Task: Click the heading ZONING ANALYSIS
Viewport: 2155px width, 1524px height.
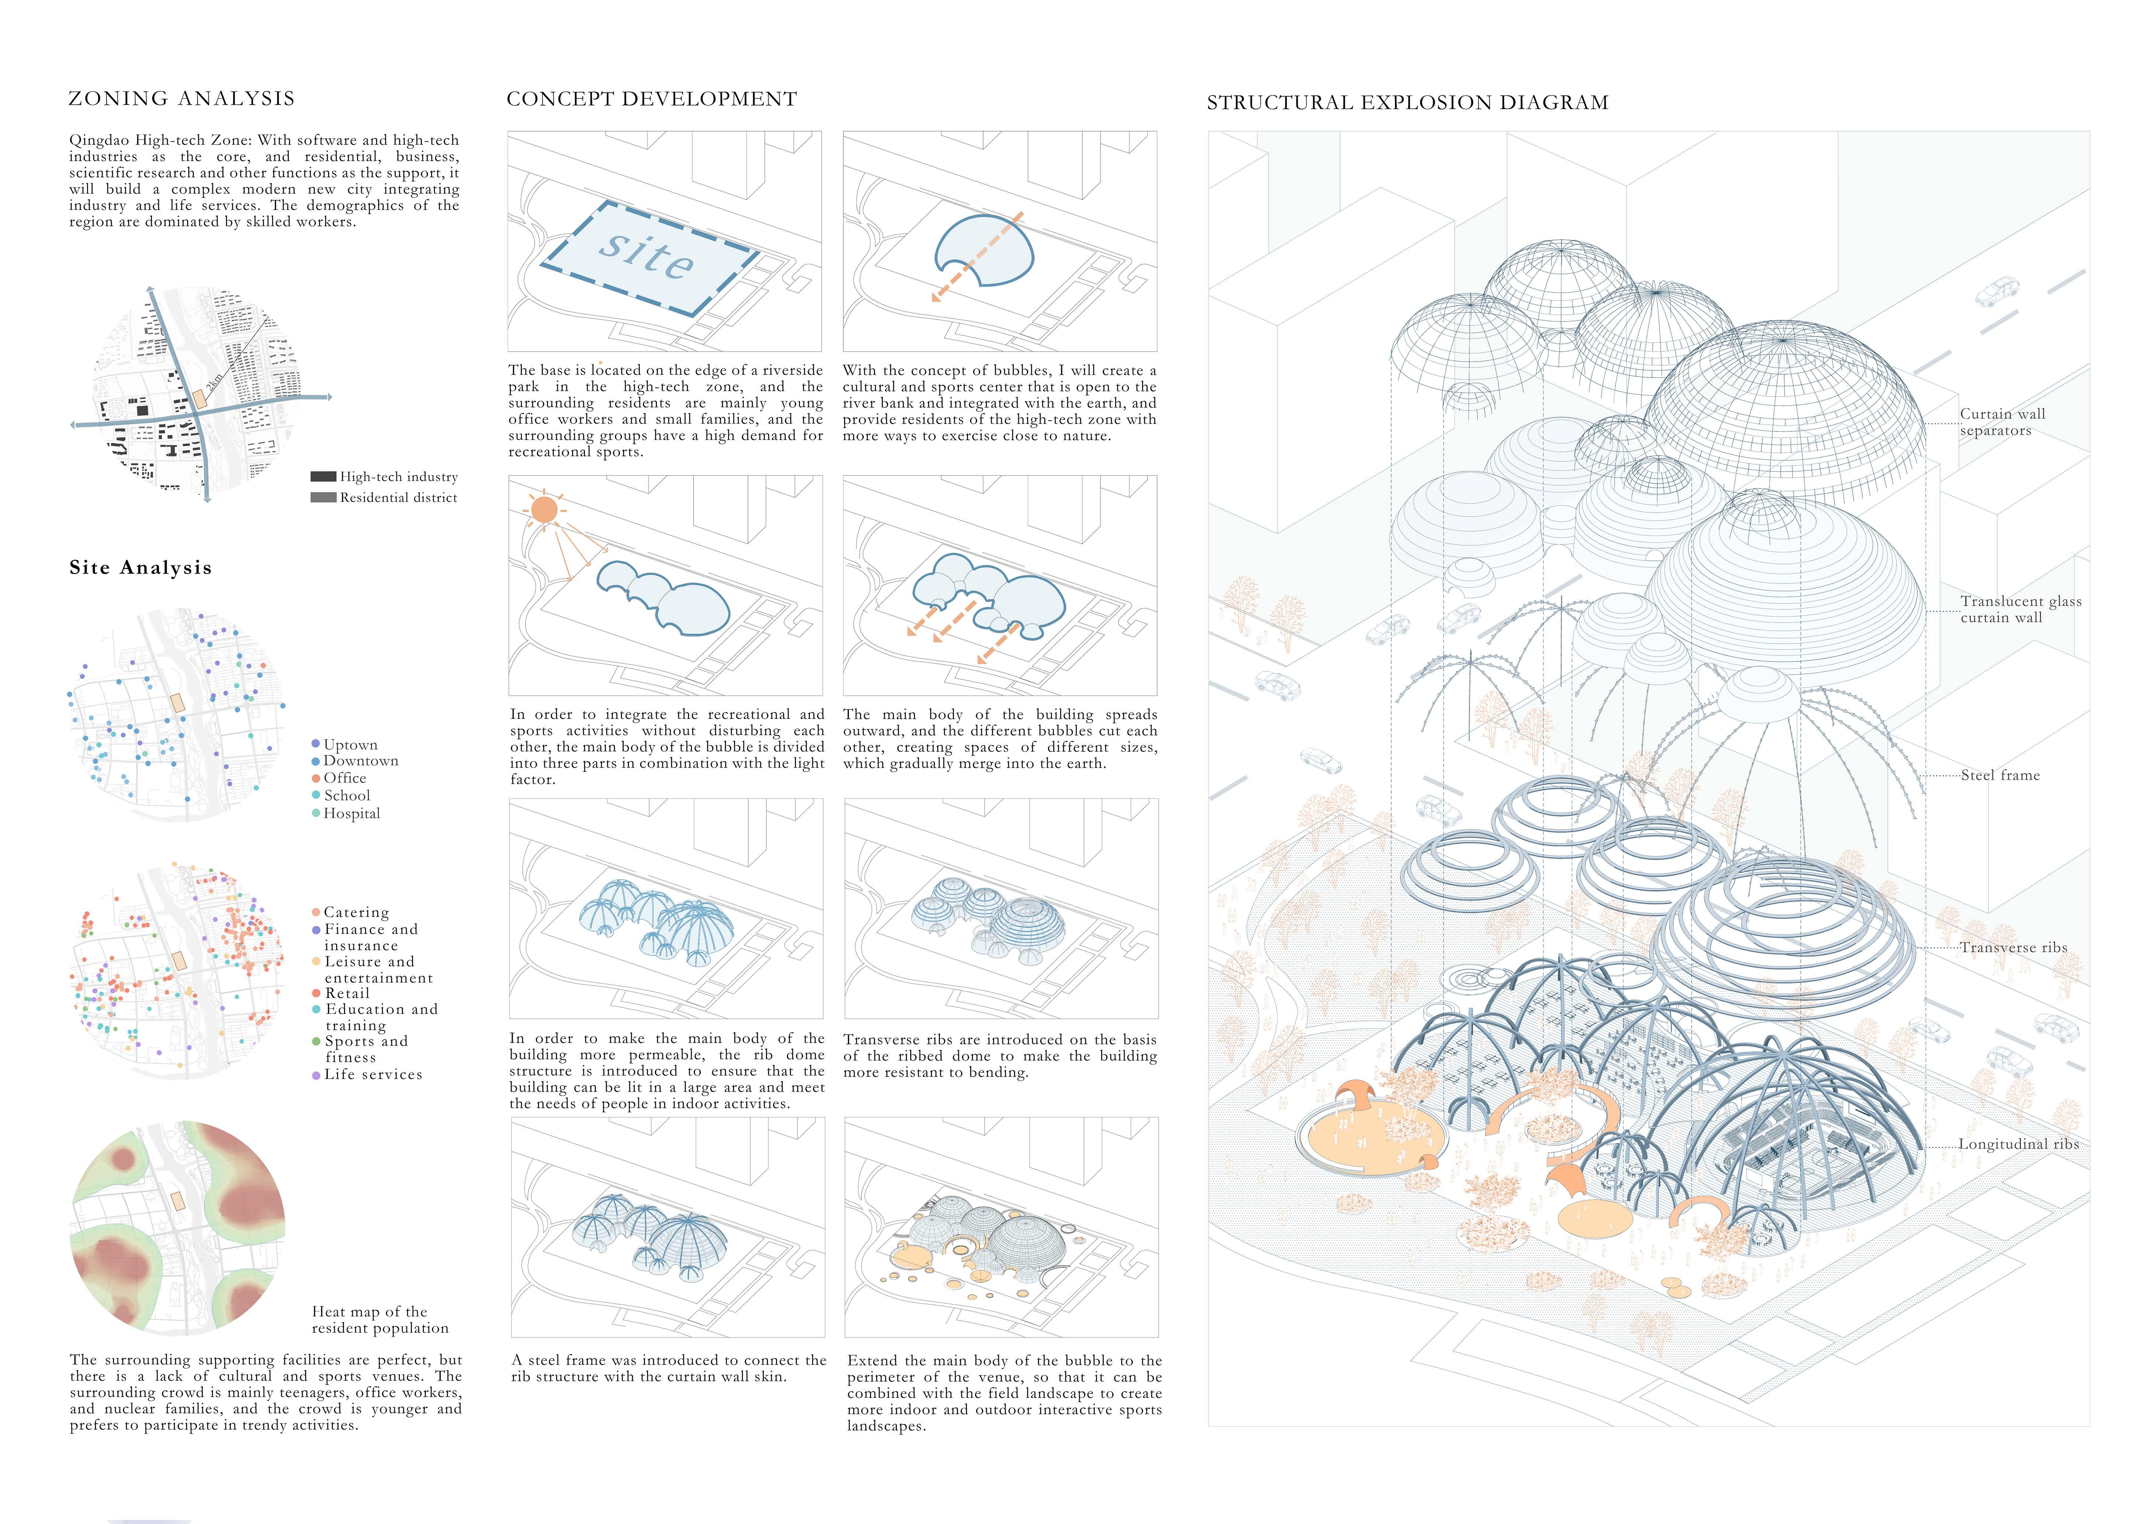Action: click(181, 98)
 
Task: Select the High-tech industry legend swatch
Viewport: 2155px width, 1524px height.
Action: click(323, 477)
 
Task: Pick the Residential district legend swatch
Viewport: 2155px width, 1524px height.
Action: click(323, 497)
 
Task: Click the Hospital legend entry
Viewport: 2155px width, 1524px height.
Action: click(351, 814)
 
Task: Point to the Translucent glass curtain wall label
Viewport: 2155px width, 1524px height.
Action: click(2020, 609)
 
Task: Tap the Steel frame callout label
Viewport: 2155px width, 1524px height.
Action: click(2000, 775)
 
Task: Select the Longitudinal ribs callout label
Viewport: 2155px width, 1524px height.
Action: click(2018, 1144)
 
